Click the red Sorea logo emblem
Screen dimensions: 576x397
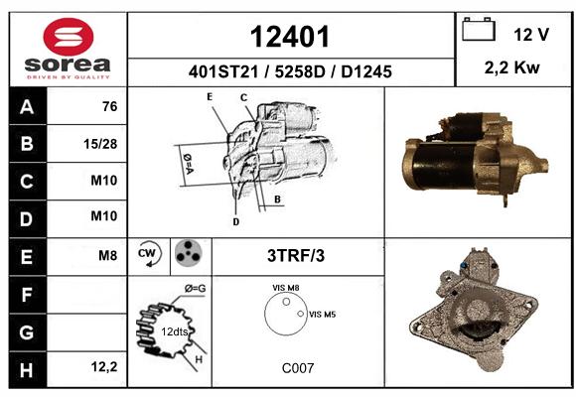coord(69,37)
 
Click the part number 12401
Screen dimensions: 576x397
coord(289,37)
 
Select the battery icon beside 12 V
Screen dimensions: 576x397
coord(479,30)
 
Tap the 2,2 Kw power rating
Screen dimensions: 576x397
coord(511,67)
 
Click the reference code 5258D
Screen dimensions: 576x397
coord(300,71)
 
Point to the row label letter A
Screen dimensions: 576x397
coord(27,107)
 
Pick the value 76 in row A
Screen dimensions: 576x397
coord(110,106)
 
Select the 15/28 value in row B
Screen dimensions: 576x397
coord(100,144)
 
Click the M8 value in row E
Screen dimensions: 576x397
coord(107,255)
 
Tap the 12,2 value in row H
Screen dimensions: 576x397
coord(104,366)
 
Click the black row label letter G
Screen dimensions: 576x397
coord(27,332)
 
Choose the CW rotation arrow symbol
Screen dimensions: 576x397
coord(150,253)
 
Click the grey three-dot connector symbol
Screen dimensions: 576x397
coord(189,253)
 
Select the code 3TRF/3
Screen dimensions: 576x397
coord(296,256)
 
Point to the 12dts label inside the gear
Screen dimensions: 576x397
coord(174,331)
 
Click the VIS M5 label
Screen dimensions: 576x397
coord(322,315)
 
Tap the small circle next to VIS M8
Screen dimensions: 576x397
coord(286,302)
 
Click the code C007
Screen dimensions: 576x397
coord(298,368)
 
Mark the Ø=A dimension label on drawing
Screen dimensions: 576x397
coord(188,164)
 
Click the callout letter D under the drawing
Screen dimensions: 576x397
coord(235,221)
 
